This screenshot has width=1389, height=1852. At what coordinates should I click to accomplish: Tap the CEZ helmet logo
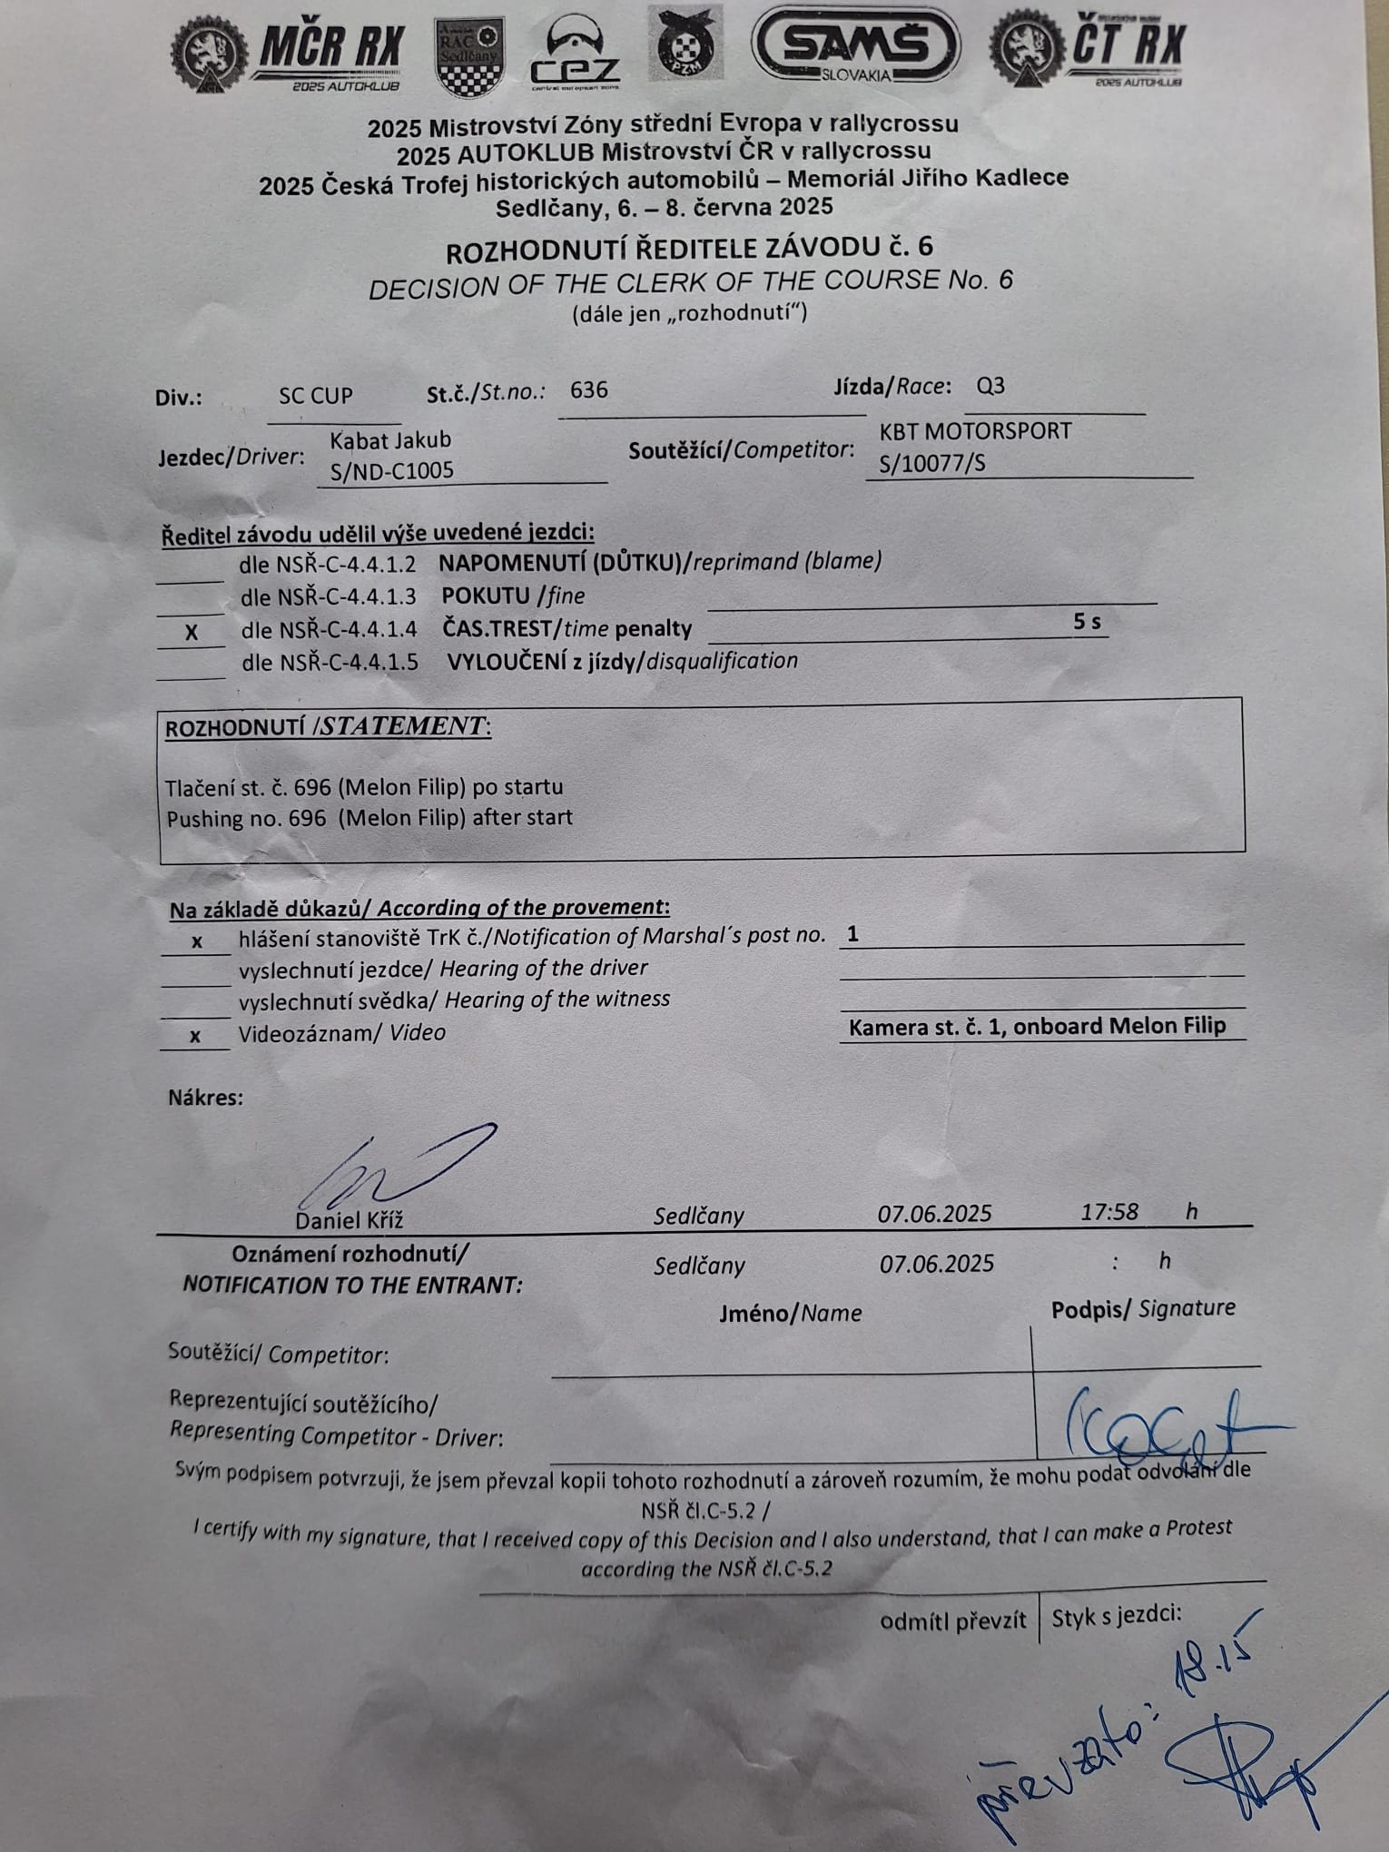[x=576, y=53]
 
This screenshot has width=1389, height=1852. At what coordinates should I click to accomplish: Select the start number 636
[x=589, y=390]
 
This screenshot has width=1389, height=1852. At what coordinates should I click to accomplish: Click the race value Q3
[x=990, y=386]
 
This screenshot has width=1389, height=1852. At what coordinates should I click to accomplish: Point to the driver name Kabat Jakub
[x=390, y=440]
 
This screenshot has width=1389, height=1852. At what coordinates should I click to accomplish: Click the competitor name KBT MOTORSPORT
[x=976, y=430]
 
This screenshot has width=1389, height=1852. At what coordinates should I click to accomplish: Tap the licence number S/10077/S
[x=932, y=464]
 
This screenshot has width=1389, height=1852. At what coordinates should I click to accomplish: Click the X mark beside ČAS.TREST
[x=191, y=633]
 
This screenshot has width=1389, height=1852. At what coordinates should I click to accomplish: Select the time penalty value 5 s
[x=1087, y=622]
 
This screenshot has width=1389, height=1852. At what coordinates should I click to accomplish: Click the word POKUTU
[x=486, y=596]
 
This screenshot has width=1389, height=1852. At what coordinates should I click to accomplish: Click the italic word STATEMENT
[x=404, y=726]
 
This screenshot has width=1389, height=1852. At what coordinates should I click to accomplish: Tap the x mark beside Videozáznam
[x=195, y=1036]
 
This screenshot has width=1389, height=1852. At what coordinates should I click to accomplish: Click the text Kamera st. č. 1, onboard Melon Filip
[x=1037, y=1027]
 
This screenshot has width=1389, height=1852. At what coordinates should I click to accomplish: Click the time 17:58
[x=1108, y=1212]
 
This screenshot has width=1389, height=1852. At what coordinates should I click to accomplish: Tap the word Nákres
[x=205, y=1098]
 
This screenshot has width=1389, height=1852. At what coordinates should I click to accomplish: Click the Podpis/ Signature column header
[x=1143, y=1309]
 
